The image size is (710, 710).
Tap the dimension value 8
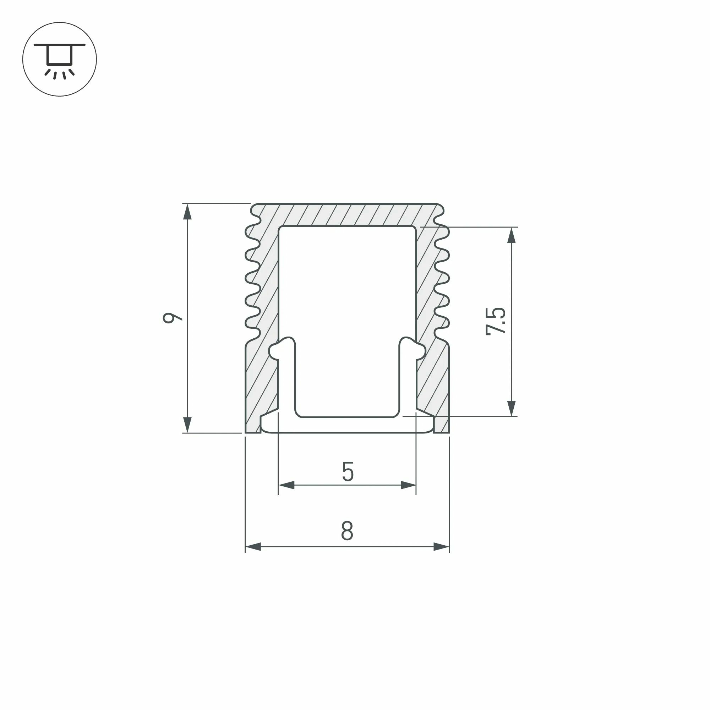click(x=347, y=531)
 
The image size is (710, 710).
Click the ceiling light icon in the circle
click(x=60, y=60)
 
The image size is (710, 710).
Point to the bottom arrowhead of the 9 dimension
click(x=187, y=425)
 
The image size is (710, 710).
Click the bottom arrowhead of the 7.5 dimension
click(x=511, y=408)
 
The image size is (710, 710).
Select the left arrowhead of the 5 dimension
click(x=286, y=485)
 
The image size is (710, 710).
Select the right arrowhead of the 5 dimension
click(x=408, y=485)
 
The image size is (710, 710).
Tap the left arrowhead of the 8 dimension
click(x=253, y=546)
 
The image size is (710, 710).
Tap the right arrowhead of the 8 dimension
click(x=441, y=546)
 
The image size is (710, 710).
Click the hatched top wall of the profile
click(x=347, y=215)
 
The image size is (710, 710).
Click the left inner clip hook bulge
click(x=275, y=351)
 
